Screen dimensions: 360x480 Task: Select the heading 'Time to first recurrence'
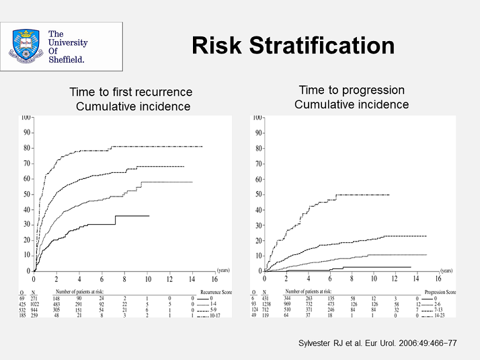tap(131, 92)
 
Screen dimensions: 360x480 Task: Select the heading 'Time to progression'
tap(352, 90)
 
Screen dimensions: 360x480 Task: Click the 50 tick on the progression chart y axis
tap(257, 194)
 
